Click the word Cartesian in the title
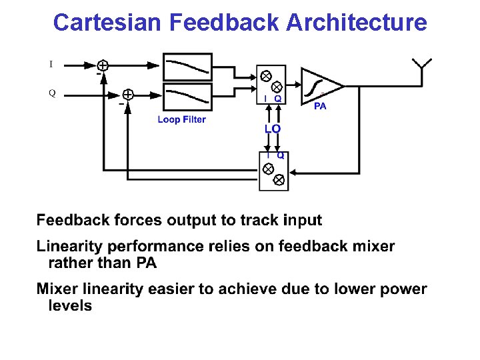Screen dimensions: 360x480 [x=108, y=23]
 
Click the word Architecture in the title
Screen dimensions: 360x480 [x=357, y=23]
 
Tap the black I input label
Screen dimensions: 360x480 [x=51, y=65]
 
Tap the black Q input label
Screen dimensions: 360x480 [x=51, y=93]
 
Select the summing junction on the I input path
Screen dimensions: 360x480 [x=103, y=65]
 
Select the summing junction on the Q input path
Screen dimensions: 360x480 [x=127, y=95]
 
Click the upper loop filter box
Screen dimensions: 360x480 [x=187, y=65]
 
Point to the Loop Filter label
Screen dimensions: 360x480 [x=181, y=120]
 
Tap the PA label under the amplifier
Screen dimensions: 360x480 [x=320, y=107]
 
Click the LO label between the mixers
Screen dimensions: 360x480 [x=272, y=128]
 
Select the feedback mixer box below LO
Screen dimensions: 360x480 [x=273, y=171]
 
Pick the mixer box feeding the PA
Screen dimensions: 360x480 [x=271, y=84]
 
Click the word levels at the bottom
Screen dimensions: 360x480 [x=70, y=306]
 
